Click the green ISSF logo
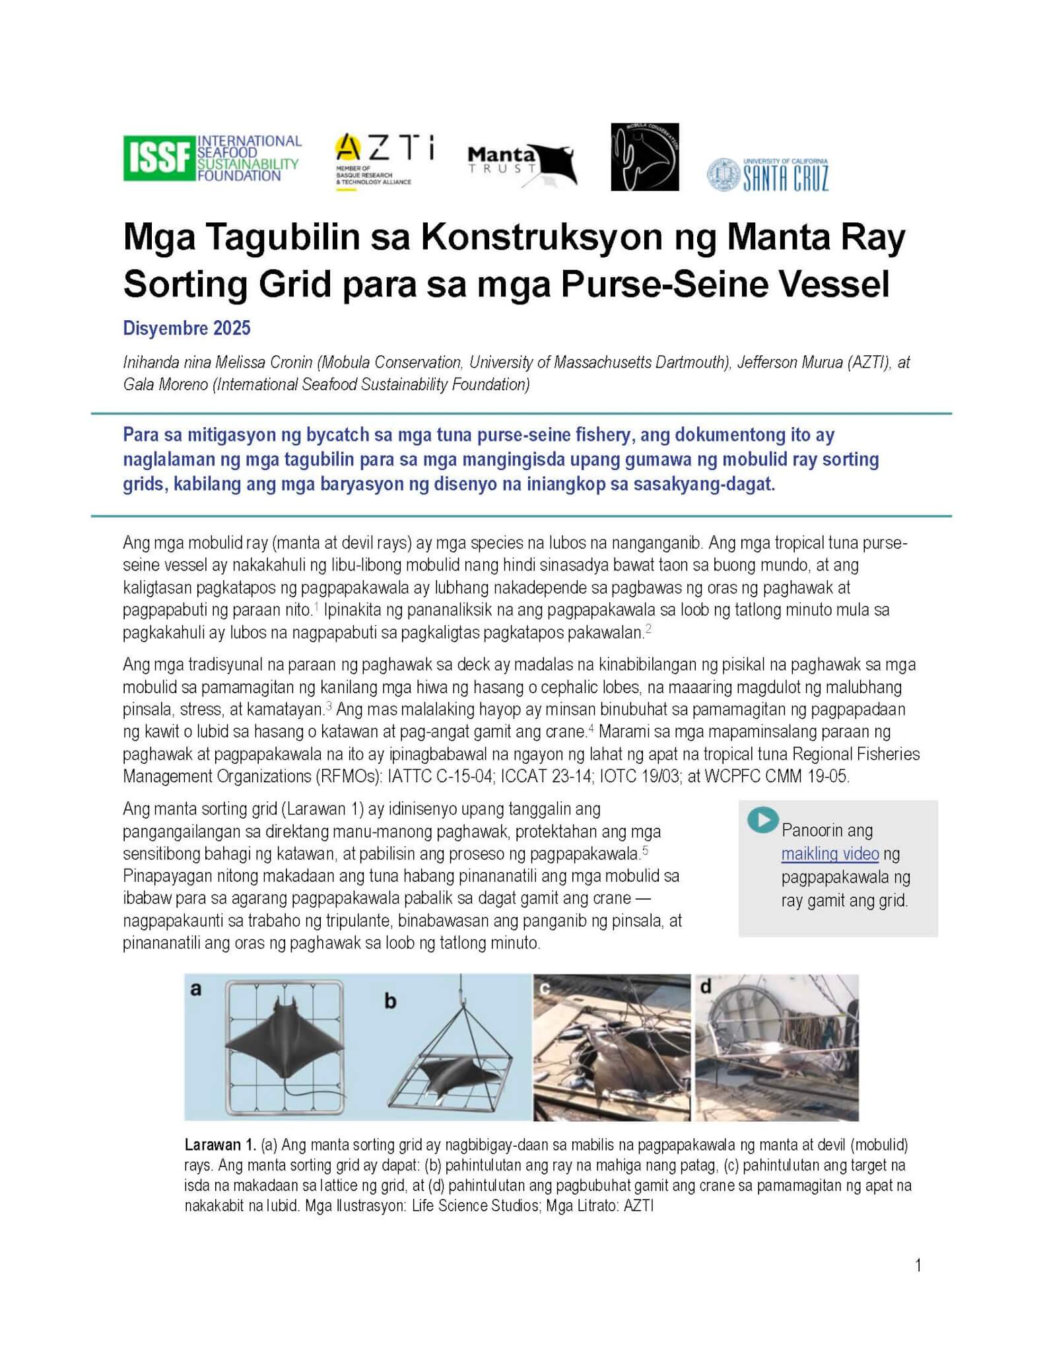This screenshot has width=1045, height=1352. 212,158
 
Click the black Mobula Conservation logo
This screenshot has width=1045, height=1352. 644,157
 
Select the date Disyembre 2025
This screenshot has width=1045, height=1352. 187,328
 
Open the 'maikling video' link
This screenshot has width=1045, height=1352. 830,854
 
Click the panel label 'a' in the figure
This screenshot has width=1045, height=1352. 195,989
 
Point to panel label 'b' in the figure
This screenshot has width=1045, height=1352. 390,1001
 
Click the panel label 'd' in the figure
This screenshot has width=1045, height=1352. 706,987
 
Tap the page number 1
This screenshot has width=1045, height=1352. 918,1265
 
